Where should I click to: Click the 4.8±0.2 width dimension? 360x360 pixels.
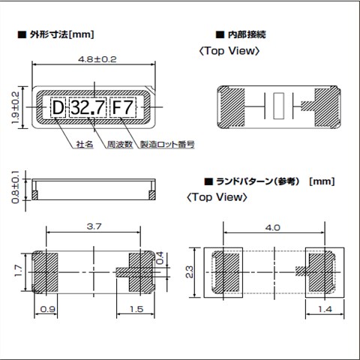tap(97, 59)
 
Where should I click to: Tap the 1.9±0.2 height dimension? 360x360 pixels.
tap(16, 107)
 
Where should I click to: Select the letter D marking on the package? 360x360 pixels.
tap(58, 107)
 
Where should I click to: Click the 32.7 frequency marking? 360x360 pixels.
tap(88, 107)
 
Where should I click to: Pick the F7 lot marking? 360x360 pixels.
tap(123, 107)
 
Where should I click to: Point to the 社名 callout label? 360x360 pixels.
tap(85, 144)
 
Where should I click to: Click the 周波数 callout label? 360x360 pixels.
tap(120, 144)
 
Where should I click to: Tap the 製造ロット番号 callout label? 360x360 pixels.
tap(167, 144)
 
